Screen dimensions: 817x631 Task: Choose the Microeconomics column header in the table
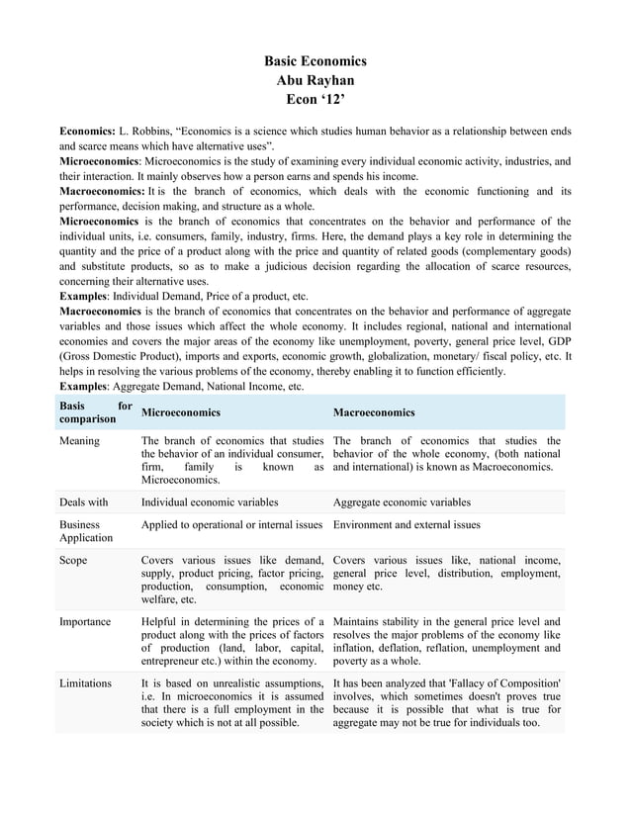pyautogui.click(x=181, y=412)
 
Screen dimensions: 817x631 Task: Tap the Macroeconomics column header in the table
pyautogui.click(x=374, y=412)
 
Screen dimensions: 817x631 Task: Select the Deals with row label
pyautogui.click(x=84, y=501)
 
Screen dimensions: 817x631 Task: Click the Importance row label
pyautogui.click(x=85, y=621)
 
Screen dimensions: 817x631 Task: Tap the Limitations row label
pyautogui.click(x=86, y=682)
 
